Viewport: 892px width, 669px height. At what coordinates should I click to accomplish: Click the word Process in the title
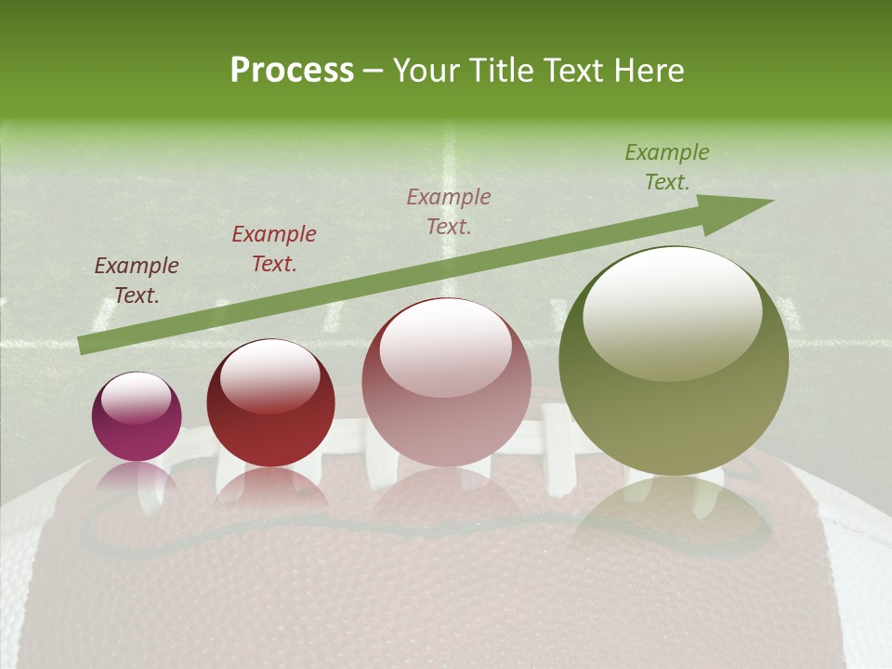point(292,71)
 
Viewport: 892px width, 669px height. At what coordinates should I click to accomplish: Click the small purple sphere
point(137,417)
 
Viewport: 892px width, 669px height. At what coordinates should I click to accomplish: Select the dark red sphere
point(270,404)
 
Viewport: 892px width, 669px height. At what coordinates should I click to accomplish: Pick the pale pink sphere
point(446,384)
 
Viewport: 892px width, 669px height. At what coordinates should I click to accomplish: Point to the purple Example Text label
point(137,281)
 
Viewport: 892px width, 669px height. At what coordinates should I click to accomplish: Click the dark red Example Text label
point(274,249)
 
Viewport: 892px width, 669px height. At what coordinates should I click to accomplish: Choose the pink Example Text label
point(449,211)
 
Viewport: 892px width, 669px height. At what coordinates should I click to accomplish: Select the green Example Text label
point(667,167)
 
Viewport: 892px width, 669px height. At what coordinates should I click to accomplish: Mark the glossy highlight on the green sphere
point(672,311)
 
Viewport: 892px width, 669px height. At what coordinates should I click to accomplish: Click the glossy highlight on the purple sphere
point(136,398)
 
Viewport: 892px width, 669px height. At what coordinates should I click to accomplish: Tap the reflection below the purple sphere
point(137,483)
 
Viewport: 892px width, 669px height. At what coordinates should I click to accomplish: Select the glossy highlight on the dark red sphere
point(269,376)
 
